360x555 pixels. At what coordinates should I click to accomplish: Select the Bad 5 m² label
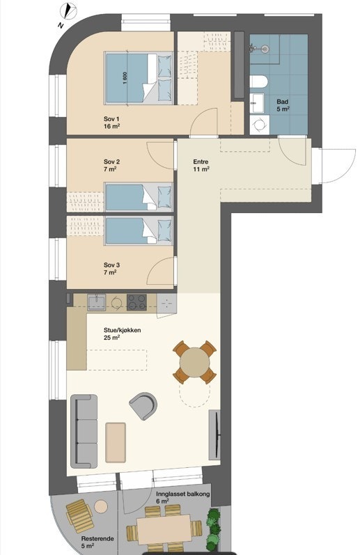(283, 105)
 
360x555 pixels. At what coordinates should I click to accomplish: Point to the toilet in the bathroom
(258, 81)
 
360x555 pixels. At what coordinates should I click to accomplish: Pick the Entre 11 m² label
(201, 166)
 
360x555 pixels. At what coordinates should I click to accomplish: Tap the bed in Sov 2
(139, 197)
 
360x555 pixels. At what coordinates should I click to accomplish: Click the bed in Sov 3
(139, 230)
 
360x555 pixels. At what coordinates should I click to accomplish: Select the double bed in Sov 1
(139, 78)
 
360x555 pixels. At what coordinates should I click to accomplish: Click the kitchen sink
(96, 303)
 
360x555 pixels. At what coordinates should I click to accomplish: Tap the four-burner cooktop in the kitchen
(137, 303)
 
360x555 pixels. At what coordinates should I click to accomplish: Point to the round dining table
(194, 362)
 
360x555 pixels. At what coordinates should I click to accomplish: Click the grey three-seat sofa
(84, 431)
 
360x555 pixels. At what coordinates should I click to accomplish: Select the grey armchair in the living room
(143, 405)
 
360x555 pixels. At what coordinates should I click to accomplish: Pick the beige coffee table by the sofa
(116, 442)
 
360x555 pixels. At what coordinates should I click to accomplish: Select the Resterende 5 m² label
(97, 542)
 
